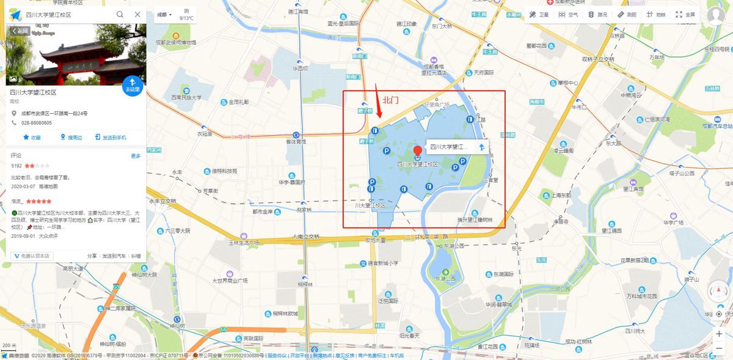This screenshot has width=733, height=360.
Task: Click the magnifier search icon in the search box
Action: pyautogui.click(x=120, y=14)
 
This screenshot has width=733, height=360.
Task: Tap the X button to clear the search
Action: pyautogui.click(x=137, y=14)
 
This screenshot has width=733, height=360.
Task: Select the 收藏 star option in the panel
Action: pyautogui.click(x=32, y=138)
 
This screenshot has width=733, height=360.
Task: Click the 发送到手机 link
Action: pyautogui.click(x=111, y=138)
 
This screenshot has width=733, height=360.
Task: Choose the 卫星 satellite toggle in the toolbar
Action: pyautogui.click(x=539, y=14)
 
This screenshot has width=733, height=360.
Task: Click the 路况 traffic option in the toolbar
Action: pyautogui.click(x=598, y=14)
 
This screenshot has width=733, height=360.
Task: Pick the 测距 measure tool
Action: pyautogui.click(x=627, y=14)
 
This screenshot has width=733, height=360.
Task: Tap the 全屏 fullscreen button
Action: pyautogui.click(x=685, y=14)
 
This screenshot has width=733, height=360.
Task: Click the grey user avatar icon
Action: pyautogui.click(x=716, y=15)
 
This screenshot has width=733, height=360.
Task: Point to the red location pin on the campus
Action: pyautogui.click(x=418, y=152)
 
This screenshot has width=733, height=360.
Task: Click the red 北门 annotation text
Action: pyautogui.click(x=390, y=100)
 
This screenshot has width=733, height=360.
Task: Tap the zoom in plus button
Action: pyautogui.click(x=719, y=334)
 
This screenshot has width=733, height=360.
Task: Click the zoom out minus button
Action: pyautogui.click(x=719, y=348)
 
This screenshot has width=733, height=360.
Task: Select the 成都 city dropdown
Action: pyautogui.click(x=164, y=14)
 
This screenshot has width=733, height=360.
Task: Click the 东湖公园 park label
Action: pyautogui.click(x=446, y=278)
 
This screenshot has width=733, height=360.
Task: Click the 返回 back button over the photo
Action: pyautogui.click(x=19, y=31)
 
